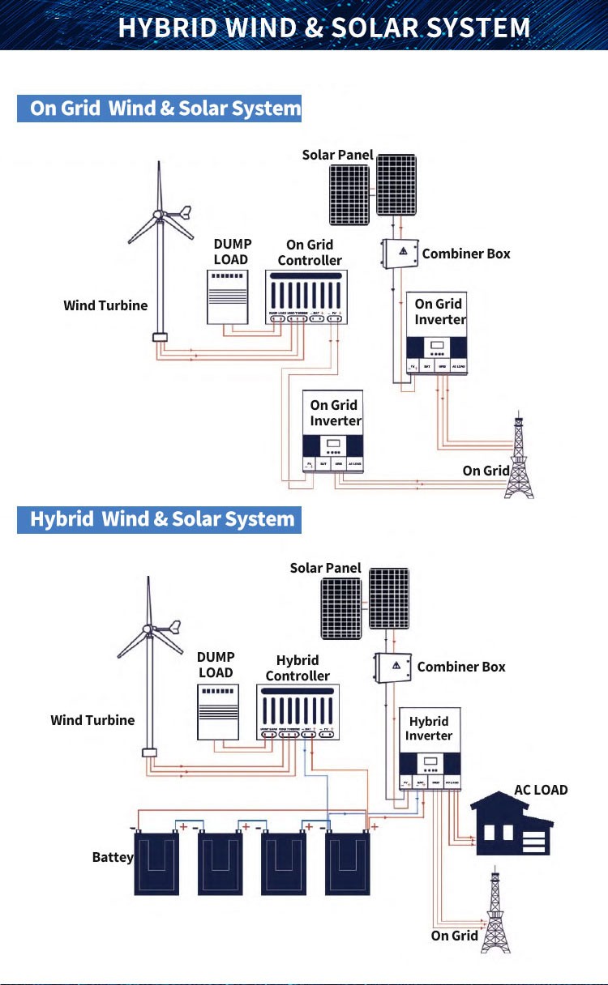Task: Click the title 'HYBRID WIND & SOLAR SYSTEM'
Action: (x=324, y=28)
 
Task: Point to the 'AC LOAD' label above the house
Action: (x=541, y=790)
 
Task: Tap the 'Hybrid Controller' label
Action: (x=298, y=668)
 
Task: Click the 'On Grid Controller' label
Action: (x=310, y=252)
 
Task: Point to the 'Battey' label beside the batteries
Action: (x=113, y=858)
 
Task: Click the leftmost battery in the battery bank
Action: (x=156, y=865)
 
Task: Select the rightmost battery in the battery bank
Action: (x=348, y=865)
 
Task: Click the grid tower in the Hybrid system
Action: (x=497, y=911)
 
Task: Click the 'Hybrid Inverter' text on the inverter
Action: (x=429, y=728)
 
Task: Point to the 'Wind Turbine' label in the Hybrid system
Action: (x=92, y=720)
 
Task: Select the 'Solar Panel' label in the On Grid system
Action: (x=337, y=155)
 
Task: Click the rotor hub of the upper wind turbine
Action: (x=160, y=215)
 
